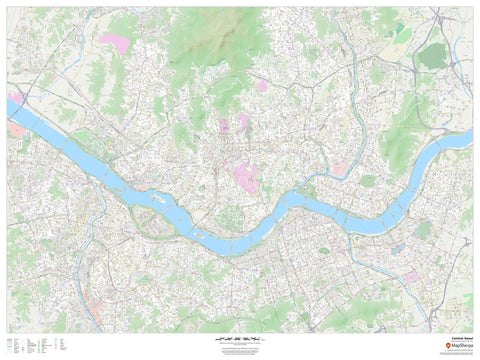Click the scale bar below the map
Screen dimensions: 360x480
point(239,340)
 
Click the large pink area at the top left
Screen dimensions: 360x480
point(114,43)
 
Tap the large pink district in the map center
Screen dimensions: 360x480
point(246,178)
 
